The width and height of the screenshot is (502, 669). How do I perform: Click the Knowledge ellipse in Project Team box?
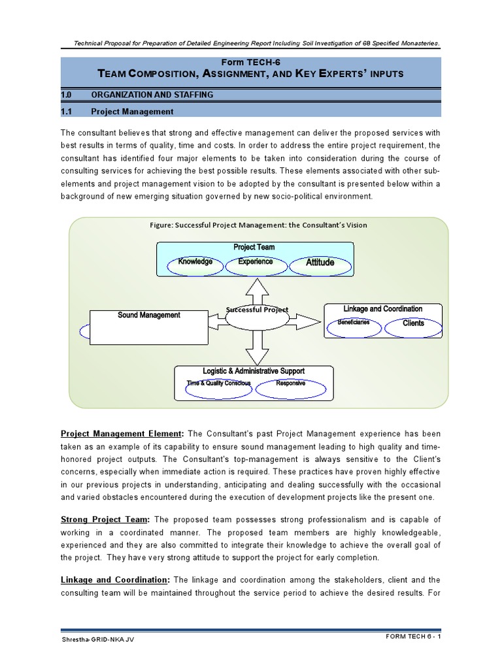[x=195, y=263]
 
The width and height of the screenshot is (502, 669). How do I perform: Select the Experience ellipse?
[x=255, y=263]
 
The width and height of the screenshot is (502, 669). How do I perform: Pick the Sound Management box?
[x=148, y=327]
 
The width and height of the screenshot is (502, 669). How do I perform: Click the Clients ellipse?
[x=413, y=324]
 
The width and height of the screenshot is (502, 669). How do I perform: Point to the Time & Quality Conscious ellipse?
[x=219, y=385]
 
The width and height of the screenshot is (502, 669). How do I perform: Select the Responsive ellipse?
[x=290, y=385]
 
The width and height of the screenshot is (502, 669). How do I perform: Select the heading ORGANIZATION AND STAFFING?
[x=152, y=95]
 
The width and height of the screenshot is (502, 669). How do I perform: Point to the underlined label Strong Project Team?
[x=105, y=519]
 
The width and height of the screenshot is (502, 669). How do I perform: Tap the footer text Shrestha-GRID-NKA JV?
[x=98, y=657]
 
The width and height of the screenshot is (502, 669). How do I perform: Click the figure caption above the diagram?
[x=258, y=225]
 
